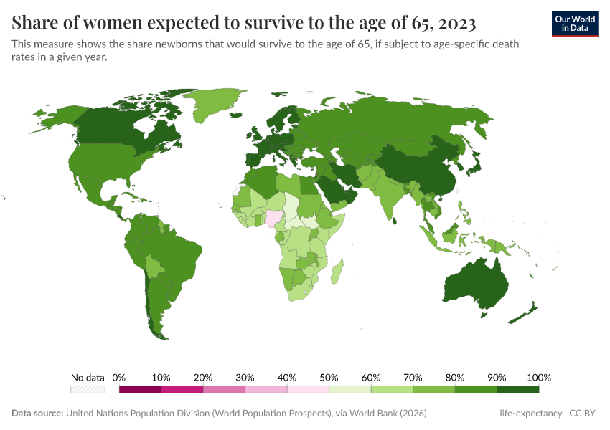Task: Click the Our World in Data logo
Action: pyautogui.click(x=575, y=23)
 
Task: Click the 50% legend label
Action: pyautogui.click(x=329, y=378)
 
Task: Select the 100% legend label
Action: pyautogui.click(x=538, y=378)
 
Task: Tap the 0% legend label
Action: pyautogui.click(x=119, y=378)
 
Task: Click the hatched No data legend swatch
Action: pyautogui.click(x=88, y=389)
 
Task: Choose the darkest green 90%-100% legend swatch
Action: pyautogui.click(x=518, y=389)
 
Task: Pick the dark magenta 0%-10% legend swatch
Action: pyautogui.click(x=140, y=389)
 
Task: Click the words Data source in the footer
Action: pyautogui.click(x=37, y=414)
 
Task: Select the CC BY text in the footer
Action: pyautogui.click(x=586, y=414)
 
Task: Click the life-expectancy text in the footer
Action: pyautogui.click(x=530, y=414)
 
